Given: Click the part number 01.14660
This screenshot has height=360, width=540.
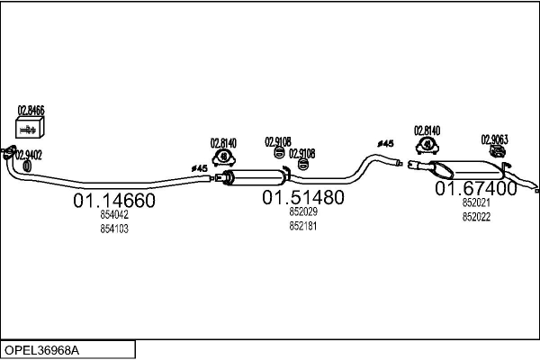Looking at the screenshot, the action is pyautogui.click(x=114, y=200).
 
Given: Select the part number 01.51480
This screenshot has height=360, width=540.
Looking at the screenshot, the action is pyautogui.click(x=303, y=197).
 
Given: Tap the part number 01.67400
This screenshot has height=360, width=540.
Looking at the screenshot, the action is pyautogui.click(x=475, y=188).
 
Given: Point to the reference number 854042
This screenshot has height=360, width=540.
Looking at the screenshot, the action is pyautogui.click(x=114, y=214).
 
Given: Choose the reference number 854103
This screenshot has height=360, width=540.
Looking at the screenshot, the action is pyautogui.click(x=114, y=229).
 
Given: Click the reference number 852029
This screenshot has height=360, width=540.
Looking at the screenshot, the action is pyautogui.click(x=303, y=211).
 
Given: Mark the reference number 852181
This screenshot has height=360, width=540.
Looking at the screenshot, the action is pyautogui.click(x=303, y=226).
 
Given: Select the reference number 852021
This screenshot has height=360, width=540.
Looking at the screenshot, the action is pyautogui.click(x=476, y=202).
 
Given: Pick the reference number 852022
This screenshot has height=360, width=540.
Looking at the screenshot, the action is pyautogui.click(x=476, y=217).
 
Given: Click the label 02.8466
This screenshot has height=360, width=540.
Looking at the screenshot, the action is pyautogui.click(x=31, y=111).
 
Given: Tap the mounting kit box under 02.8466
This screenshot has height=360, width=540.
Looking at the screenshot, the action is pyautogui.click(x=30, y=128).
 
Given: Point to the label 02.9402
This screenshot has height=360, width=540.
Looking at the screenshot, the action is pyautogui.click(x=29, y=156).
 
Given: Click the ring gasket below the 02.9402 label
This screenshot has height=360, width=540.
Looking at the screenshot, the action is pyautogui.click(x=27, y=166).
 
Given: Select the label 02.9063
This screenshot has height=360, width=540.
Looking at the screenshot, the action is pyautogui.click(x=494, y=139).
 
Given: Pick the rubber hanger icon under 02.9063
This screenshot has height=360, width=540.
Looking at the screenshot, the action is pyautogui.click(x=498, y=151).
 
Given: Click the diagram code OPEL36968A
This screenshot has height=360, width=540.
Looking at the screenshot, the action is pyautogui.click(x=41, y=350).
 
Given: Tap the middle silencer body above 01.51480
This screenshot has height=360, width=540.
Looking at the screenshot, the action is pyautogui.click(x=255, y=176).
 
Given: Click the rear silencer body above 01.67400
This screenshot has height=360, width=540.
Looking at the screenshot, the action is pyautogui.click(x=466, y=169).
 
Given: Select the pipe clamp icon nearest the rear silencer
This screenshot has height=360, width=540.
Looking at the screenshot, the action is pyautogui.click(x=427, y=145).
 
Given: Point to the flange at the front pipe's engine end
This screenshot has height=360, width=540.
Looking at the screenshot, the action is pyautogui.click(x=9, y=152).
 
